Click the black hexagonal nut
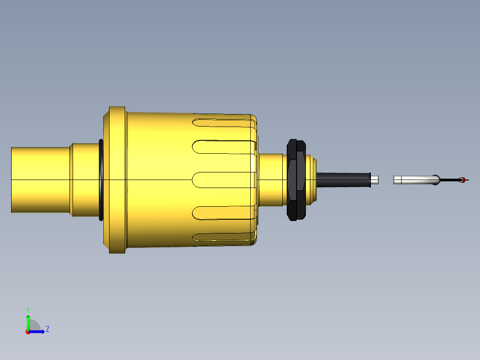click(x=296, y=180)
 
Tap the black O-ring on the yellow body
click(x=101, y=180)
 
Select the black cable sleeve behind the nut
click(x=343, y=180)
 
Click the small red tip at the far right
click(x=463, y=180)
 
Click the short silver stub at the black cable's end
click(x=375, y=180)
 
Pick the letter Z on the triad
click(x=47, y=329)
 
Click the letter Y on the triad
click(x=28, y=309)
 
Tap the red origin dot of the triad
click(x=28, y=332)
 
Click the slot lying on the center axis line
click(x=223, y=180)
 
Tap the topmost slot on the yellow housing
click(x=223, y=121)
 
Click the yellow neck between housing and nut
click(x=271, y=180)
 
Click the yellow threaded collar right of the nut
click(x=311, y=180)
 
